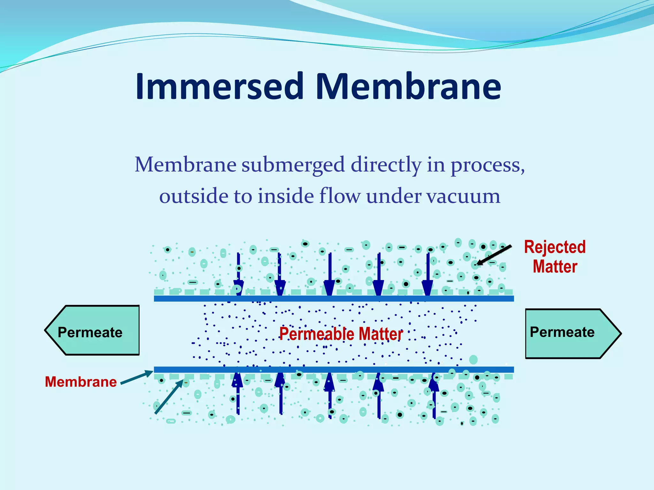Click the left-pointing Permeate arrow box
click(x=93, y=330)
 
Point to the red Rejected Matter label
click(x=555, y=257)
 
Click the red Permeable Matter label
click(x=341, y=334)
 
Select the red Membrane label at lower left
click(x=81, y=382)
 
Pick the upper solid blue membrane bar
click(x=334, y=299)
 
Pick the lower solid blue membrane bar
click(x=334, y=370)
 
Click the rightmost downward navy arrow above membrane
click(x=428, y=274)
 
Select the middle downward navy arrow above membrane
click(x=330, y=274)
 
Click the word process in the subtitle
click(x=487, y=165)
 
